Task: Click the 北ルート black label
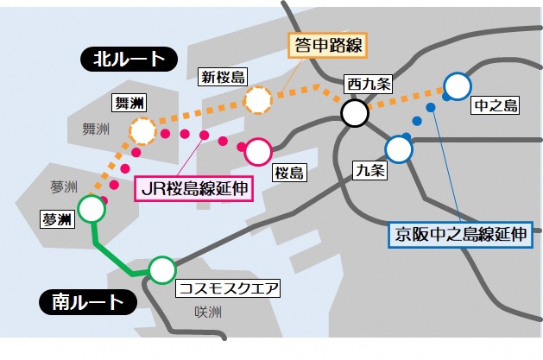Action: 128,59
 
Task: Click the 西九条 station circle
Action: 355,112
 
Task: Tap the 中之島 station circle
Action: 456,85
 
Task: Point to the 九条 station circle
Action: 399,149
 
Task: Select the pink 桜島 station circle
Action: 258,152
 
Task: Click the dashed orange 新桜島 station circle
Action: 258,100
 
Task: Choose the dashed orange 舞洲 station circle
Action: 142,131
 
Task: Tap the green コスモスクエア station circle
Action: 161,270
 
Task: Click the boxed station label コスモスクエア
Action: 229,288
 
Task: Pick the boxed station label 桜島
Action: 288,173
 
